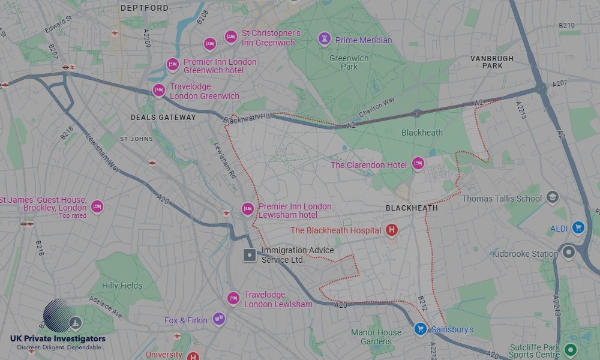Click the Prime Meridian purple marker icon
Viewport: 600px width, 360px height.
click(x=325, y=40)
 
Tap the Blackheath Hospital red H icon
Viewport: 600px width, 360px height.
click(x=392, y=230)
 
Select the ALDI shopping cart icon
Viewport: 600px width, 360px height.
click(x=578, y=227)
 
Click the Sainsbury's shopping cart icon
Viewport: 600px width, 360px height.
click(x=421, y=329)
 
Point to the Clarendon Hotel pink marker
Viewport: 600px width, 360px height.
click(x=418, y=164)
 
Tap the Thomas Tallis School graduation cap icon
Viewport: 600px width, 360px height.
click(x=552, y=197)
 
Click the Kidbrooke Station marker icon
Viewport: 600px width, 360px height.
click(x=568, y=253)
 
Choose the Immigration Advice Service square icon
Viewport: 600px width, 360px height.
click(x=250, y=255)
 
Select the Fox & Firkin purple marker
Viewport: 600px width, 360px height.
click(x=218, y=319)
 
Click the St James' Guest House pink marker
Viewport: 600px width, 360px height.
click(x=97, y=207)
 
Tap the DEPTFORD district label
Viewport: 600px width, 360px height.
click(x=145, y=8)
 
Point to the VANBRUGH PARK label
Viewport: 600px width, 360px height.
click(x=492, y=62)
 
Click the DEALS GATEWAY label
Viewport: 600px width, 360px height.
click(x=163, y=118)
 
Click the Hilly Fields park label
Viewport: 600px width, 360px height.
click(x=122, y=286)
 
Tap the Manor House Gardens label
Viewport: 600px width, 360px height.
click(x=376, y=337)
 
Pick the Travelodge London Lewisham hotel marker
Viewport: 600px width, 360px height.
click(x=233, y=298)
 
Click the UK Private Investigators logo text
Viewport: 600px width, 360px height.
click(x=58, y=340)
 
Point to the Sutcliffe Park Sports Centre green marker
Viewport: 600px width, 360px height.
click(x=570, y=350)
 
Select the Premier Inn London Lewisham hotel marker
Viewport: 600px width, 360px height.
click(x=247, y=209)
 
